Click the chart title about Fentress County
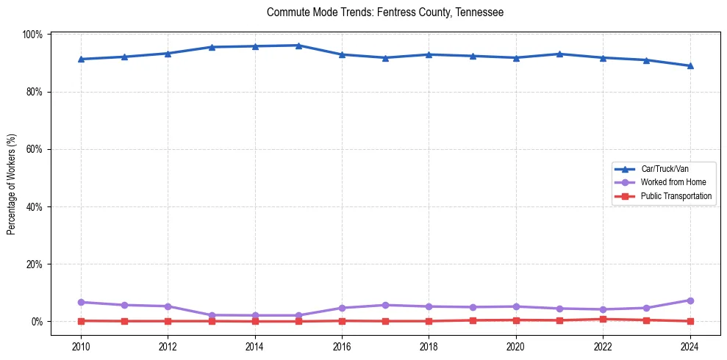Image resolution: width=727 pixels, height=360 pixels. point(385,12)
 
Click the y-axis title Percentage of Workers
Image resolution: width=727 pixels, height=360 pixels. point(11,184)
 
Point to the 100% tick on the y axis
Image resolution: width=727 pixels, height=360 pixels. point(34,35)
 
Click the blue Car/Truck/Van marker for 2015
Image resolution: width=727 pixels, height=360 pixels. point(298,46)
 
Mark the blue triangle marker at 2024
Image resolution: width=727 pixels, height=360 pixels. point(690,65)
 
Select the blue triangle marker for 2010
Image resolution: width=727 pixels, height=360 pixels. point(81,59)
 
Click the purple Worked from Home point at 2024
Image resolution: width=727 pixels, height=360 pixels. point(690,300)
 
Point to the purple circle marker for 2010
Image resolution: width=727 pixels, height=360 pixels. point(81,302)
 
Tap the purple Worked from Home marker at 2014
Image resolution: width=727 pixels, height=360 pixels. point(255,315)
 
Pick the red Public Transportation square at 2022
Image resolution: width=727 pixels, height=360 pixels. point(603,319)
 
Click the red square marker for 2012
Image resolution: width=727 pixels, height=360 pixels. point(168,321)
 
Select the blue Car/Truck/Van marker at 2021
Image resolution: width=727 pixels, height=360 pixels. point(559,54)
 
